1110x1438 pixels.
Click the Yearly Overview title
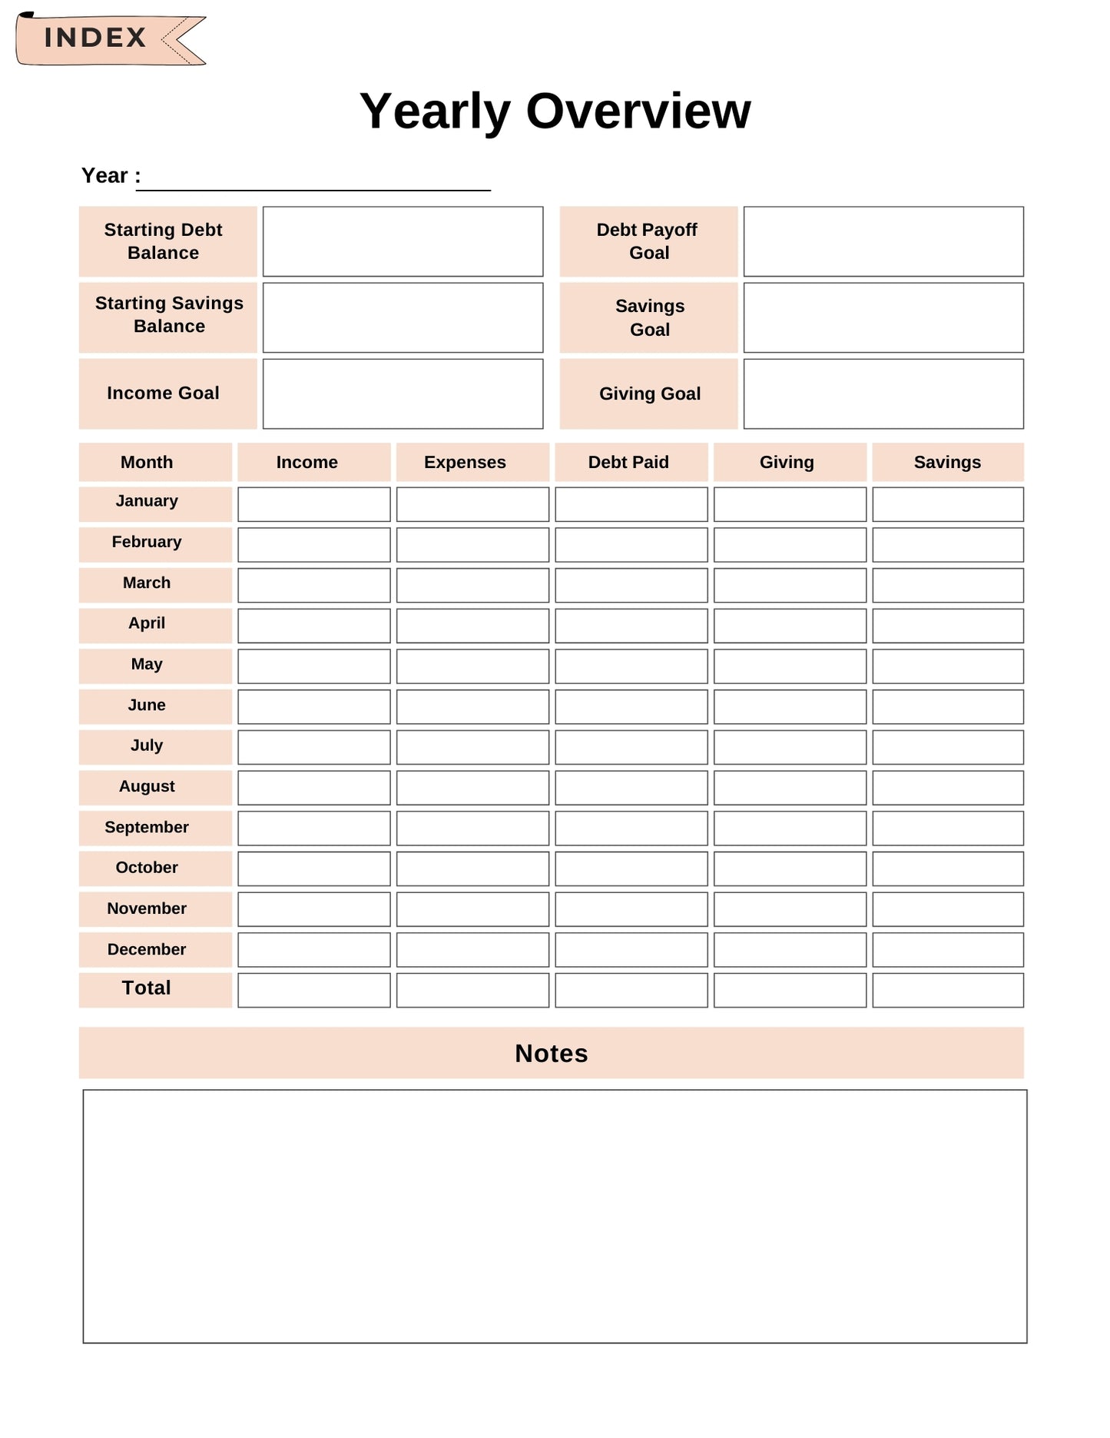555,111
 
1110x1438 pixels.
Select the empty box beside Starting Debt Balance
403,241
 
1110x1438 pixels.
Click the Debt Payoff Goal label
648,241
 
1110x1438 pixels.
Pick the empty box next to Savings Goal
883,317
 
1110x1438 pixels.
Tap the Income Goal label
164,394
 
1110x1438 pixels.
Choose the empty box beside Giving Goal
883,394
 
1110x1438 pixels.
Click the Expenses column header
466,463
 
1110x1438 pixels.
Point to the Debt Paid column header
628,463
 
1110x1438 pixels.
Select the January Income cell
314,504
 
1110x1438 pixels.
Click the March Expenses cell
472,586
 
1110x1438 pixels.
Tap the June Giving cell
790,707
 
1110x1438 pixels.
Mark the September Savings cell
948,829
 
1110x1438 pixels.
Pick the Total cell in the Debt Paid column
631,991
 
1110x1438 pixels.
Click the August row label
147,787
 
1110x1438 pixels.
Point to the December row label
147,950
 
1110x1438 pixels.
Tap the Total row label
147,988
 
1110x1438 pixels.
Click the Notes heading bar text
552,1054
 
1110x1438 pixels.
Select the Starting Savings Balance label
169,315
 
